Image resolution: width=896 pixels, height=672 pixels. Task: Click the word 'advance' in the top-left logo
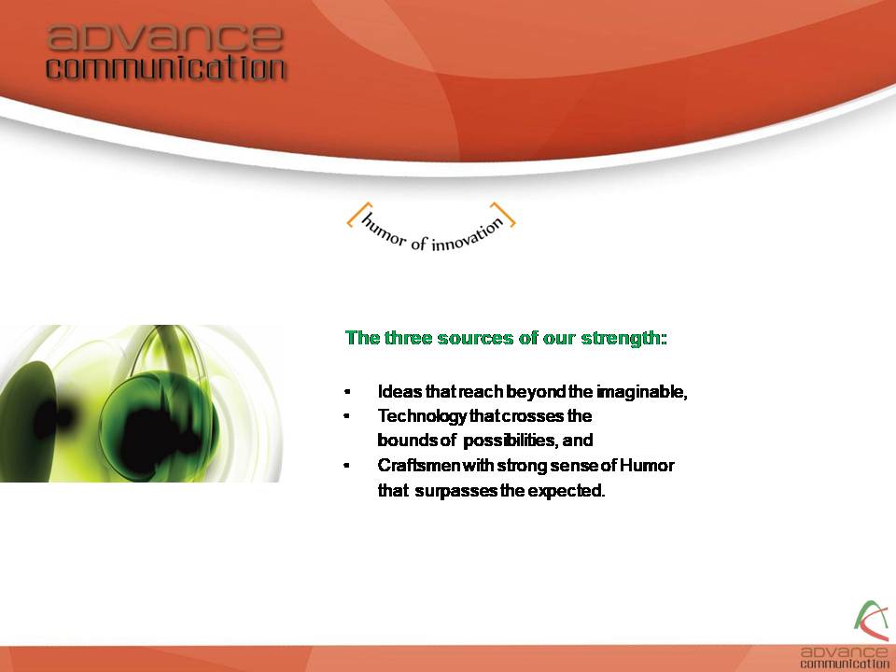(x=165, y=37)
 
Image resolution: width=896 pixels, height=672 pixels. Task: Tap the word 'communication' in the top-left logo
(x=166, y=68)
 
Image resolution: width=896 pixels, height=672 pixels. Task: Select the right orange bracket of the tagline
(x=503, y=215)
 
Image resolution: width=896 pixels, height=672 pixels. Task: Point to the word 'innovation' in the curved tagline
(x=468, y=234)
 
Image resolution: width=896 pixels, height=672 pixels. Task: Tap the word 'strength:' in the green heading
(x=624, y=338)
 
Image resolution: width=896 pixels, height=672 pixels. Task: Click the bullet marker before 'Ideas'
(x=347, y=392)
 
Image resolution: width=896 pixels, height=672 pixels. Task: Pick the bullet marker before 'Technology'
(x=347, y=416)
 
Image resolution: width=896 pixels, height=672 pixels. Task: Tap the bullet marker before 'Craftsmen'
(x=347, y=465)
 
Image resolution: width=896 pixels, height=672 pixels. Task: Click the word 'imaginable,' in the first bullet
(x=642, y=393)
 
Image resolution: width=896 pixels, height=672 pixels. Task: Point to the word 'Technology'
(x=422, y=416)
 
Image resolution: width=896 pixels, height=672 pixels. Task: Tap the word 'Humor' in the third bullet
(x=647, y=466)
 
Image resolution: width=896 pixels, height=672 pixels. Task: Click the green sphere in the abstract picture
(x=160, y=426)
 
